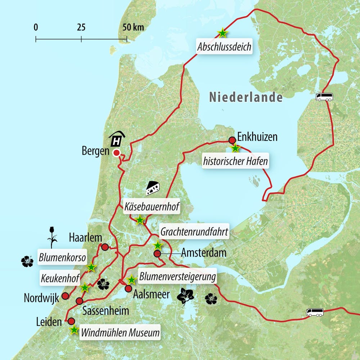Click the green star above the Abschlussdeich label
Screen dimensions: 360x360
coord(222,33)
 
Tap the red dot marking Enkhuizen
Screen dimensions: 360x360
coord(232,140)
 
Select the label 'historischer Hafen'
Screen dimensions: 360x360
coord(236,161)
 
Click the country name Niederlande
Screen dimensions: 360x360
coord(246,97)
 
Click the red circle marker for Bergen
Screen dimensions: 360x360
coord(116,153)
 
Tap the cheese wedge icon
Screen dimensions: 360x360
coord(153,187)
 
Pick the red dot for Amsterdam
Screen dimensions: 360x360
coord(157,254)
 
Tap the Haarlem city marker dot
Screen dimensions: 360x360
coord(105,247)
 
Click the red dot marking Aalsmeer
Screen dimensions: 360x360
coord(128,288)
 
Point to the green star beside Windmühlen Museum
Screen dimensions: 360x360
coord(74,330)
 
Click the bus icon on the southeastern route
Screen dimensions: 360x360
coord(315,312)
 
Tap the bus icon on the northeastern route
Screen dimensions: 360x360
coord(324,97)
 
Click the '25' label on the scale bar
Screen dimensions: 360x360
coord(81,27)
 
